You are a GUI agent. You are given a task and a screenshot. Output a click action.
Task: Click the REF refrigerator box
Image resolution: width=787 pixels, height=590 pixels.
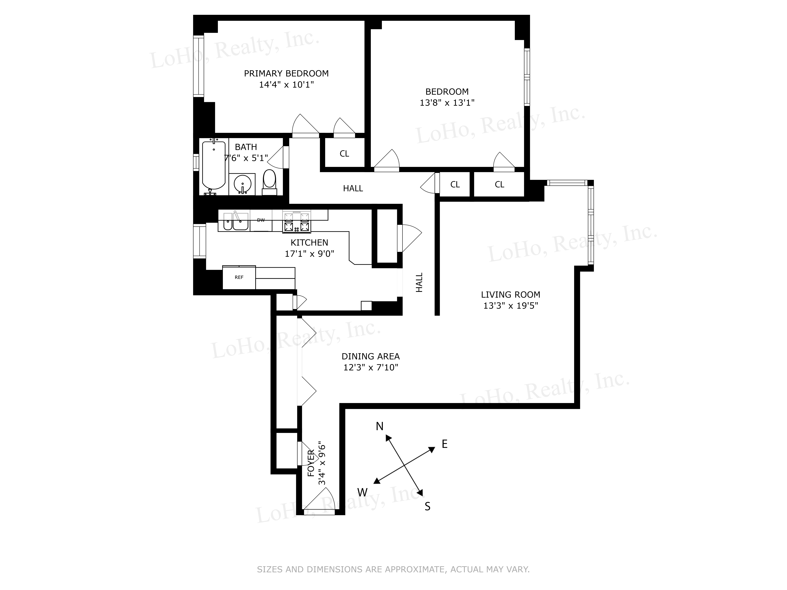[239, 277]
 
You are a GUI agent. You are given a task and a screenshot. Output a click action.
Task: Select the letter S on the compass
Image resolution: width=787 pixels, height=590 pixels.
[428, 506]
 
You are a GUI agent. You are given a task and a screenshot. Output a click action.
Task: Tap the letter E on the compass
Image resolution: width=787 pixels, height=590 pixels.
[444, 444]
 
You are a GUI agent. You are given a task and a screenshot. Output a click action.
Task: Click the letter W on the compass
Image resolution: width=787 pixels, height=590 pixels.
[362, 492]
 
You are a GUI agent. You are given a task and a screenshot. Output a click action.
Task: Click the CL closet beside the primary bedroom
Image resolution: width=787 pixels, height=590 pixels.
[344, 154]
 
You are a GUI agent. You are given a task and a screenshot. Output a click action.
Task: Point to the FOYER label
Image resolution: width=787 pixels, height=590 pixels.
[311, 463]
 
